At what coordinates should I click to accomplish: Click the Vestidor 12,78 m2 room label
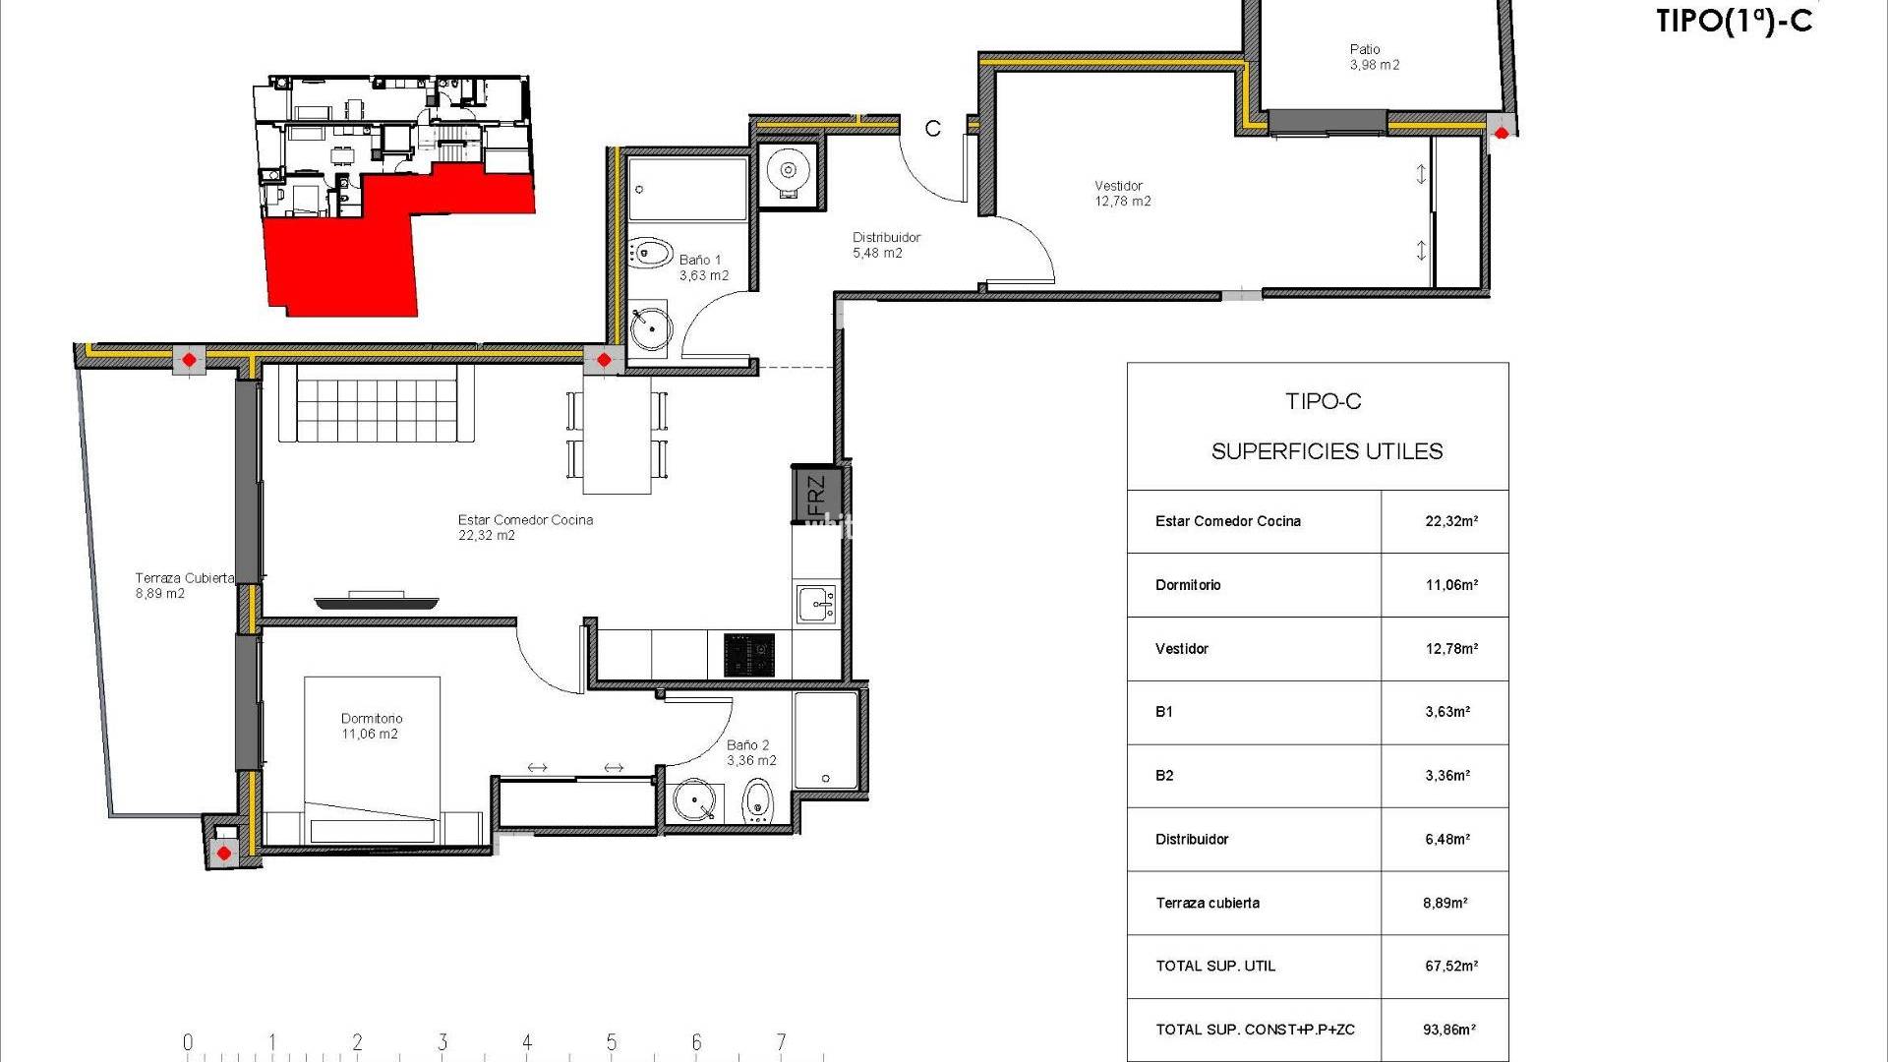point(1123,194)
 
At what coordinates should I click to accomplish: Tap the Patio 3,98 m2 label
point(1374,57)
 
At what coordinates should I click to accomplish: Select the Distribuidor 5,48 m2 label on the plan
point(886,245)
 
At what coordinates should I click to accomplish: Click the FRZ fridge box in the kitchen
point(816,495)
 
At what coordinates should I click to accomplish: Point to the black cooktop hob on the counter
point(749,655)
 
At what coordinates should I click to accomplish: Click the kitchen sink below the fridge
point(816,604)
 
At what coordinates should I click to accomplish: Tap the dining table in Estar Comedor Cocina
point(617,435)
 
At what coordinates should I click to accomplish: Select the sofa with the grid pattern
point(369,403)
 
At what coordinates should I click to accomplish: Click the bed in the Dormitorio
point(372,759)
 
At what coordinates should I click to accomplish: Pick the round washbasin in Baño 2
point(695,801)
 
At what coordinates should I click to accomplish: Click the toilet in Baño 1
point(650,253)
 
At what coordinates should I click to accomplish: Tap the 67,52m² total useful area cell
point(1450,967)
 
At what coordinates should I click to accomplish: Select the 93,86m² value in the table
point(1449,1030)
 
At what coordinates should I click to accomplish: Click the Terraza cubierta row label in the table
point(1208,903)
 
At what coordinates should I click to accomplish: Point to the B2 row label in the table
point(1164,776)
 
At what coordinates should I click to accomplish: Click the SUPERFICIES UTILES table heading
point(1327,451)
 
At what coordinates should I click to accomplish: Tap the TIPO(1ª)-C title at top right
point(1734,20)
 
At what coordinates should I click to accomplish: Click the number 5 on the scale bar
point(612,1042)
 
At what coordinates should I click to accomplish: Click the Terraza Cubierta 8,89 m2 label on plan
point(184,586)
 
